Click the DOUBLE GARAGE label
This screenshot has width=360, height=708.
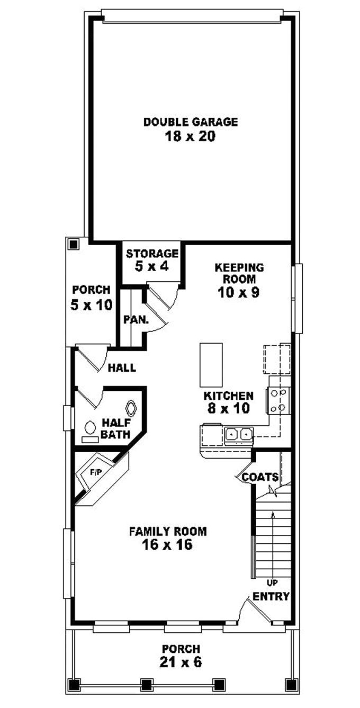point(191,122)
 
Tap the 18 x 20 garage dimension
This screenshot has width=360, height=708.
point(191,137)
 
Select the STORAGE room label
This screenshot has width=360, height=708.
point(151,253)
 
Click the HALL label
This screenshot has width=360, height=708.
point(122,368)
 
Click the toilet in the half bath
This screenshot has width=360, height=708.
point(131,408)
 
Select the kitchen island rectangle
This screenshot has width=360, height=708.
point(211,365)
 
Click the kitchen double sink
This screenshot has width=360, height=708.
point(238,435)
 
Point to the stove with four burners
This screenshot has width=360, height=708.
point(280,400)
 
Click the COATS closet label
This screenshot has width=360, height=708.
point(260,477)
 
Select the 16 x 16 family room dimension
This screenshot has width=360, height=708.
point(167,545)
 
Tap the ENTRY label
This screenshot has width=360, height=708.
point(271,596)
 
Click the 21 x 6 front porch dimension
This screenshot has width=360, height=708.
point(181,662)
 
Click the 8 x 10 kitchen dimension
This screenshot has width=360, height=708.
point(229,408)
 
